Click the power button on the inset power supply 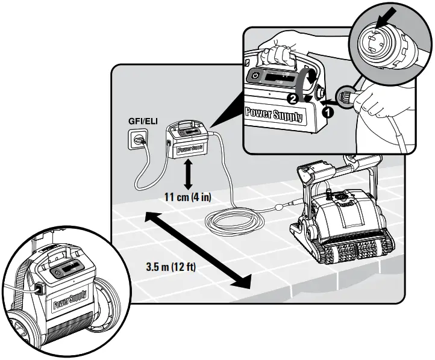pos(255,77)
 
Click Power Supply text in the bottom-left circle pos(71,299)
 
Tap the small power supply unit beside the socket pos(188,142)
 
